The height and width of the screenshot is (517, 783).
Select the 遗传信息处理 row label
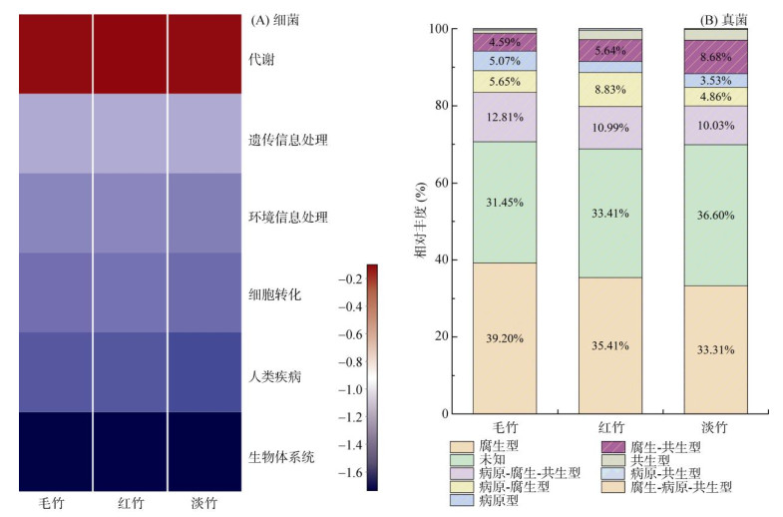pos(287,140)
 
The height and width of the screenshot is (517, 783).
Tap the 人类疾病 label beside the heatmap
pos(273,377)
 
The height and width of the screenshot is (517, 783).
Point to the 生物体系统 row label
pos(280,457)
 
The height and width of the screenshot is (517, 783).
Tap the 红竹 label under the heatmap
pos(131,501)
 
